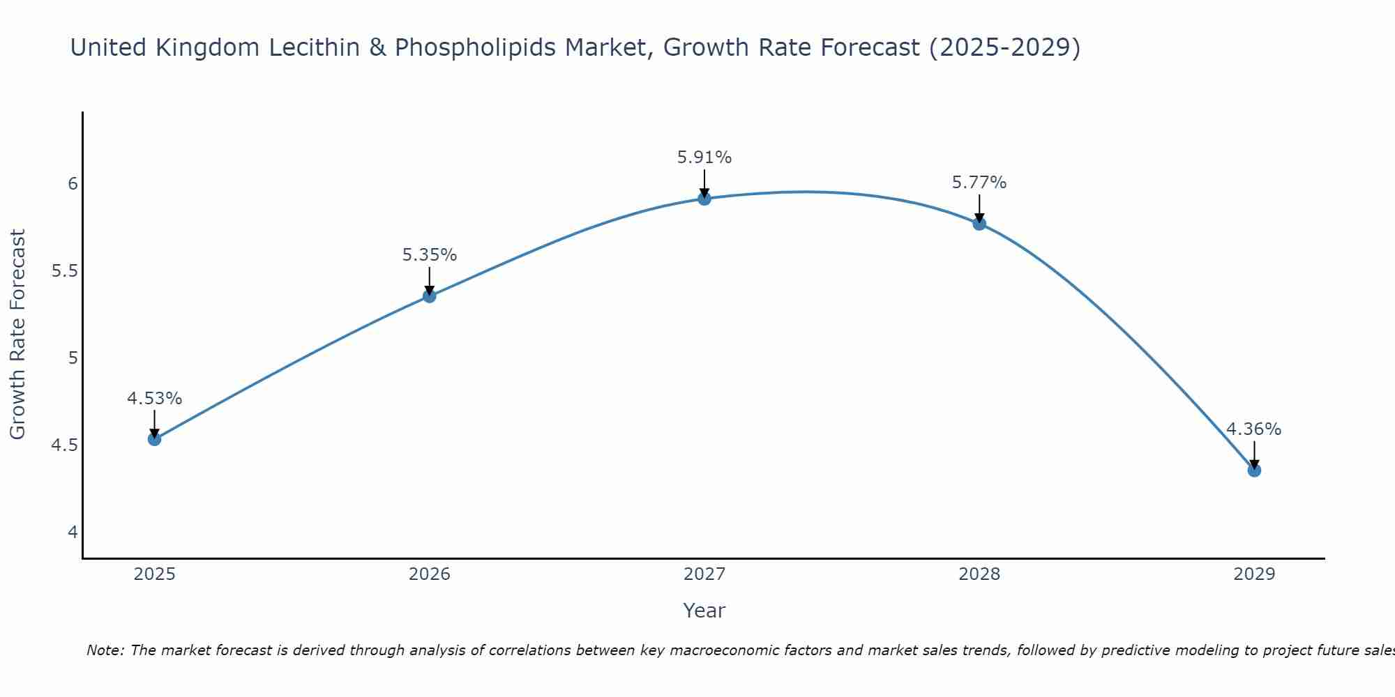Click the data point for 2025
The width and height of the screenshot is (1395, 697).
pyautogui.click(x=154, y=438)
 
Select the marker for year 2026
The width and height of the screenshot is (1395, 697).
pyautogui.click(x=429, y=296)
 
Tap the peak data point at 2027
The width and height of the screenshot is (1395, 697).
pyautogui.click(x=704, y=199)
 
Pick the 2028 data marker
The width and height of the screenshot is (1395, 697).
pyautogui.click(x=979, y=224)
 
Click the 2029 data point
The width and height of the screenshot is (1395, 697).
pyautogui.click(x=1254, y=470)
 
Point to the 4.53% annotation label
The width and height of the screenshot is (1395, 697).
pyautogui.click(x=154, y=399)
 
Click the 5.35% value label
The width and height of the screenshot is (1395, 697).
pyautogui.click(x=429, y=255)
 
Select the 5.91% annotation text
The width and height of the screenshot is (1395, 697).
pyautogui.click(x=704, y=158)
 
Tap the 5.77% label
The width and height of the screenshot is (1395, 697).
pyautogui.click(x=979, y=183)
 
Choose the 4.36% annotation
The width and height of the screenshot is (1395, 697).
pyautogui.click(x=1254, y=429)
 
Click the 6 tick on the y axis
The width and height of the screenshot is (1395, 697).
pyautogui.click(x=73, y=184)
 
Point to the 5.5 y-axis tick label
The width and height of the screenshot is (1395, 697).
pyautogui.click(x=64, y=271)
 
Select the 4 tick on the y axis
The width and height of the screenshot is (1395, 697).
pyautogui.click(x=73, y=533)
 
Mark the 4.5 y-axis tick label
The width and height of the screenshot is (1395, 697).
pyautogui.click(x=64, y=445)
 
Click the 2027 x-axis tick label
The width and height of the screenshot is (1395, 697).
pyautogui.click(x=704, y=574)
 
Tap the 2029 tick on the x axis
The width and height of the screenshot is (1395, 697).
pyautogui.click(x=1254, y=574)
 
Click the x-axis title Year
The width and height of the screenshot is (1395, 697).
pyautogui.click(x=704, y=611)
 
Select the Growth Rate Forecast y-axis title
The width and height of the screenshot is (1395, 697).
pyautogui.click(x=17, y=335)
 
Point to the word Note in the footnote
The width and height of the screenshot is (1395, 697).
pyautogui.click(x=105, y=650)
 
